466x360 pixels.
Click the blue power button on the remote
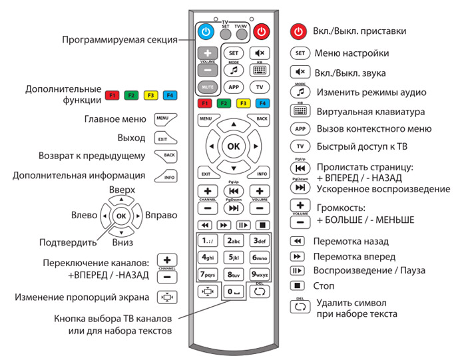(x=206, y=31)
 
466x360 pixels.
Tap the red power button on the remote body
(x=262, y=31)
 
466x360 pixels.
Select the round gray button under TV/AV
(x=242, y=35)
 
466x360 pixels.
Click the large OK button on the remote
(x=234, y=146)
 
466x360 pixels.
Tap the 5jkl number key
(x=234, y=258)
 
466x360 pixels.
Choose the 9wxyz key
(x=260, y=274)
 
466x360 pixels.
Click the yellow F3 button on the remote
(x=243, y=103)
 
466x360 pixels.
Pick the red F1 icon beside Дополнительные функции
(x=112, y=95)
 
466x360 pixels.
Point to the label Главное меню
(x=115, y=119)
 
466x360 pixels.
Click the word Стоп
(x=324, y=285)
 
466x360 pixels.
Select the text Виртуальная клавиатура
(x=371, y=112)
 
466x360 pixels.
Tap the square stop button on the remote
(x=262, y=225)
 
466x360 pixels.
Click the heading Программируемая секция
(x=120, y=40)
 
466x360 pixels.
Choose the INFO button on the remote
(x=260, y=172)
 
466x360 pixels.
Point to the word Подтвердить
(x=68, y=243)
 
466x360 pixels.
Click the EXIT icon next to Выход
(x=165, y=138)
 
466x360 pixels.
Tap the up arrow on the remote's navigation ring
(x=234, y=124)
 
